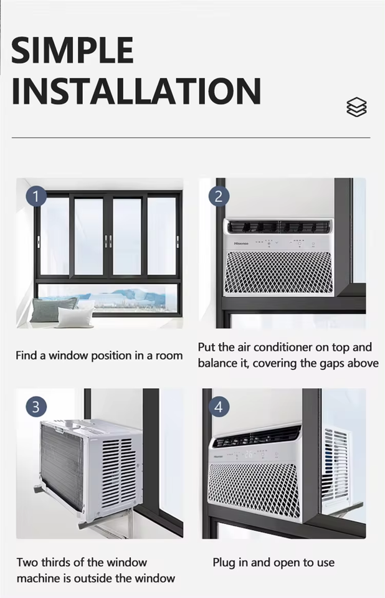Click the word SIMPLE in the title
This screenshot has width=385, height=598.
(x=72, y=50)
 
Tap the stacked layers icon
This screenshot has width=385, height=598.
(x=356, y=107)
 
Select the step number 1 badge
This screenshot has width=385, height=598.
(x=36, y=197)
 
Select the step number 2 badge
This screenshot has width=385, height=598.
(x=219, y=197)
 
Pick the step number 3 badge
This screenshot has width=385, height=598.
(x=36, y=407)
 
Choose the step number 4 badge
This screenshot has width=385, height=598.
(x=219, y=407)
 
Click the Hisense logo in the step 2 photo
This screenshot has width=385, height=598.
(x=240, y=244)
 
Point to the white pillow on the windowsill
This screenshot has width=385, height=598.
(x=75, y=317)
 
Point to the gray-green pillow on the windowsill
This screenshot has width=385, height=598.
(x=53, y=309)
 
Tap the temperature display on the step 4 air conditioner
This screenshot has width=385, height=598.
(x=249, y=454)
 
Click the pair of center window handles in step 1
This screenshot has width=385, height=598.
(x=108, y=241)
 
